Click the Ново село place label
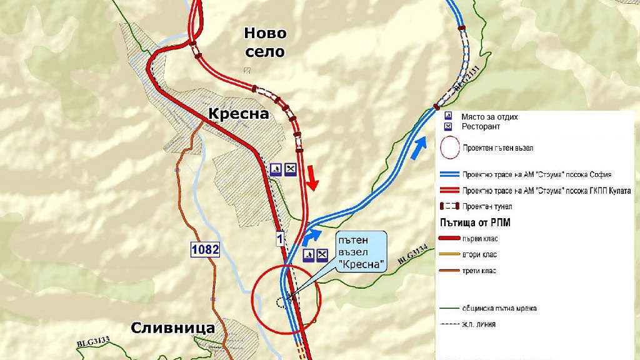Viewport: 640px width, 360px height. (265, 42)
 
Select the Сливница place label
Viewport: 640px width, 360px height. (173, 328)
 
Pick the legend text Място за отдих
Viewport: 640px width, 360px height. (489, 117)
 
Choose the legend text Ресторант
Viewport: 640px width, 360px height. (481, 127)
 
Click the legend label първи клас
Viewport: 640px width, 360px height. (480, 239)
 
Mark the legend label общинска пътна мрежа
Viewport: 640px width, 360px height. (500, 308)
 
